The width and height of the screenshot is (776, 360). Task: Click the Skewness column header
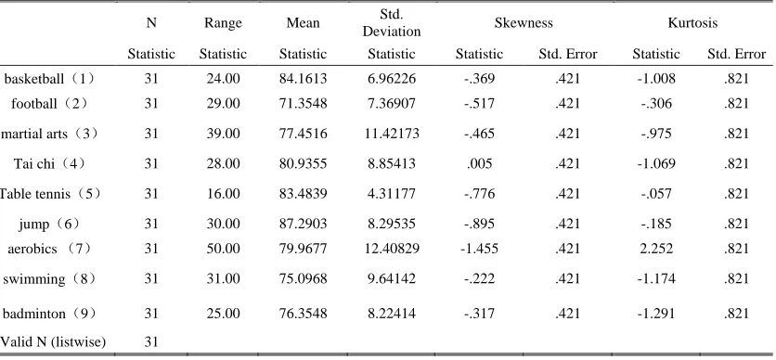pyautogui.click(x=524, y=23)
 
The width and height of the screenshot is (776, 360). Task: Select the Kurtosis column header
pyautogui.click(x=692, y=23)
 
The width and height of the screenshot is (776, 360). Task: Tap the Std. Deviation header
pyautogui.click(x=392, y=23)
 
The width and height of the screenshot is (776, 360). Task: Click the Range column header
pyautogui.click(x=223, y=23)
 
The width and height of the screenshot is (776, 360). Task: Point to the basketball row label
pyautogui.click(x=48, y=79)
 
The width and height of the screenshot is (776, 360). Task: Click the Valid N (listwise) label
pyautogui.click(x=53, y=341)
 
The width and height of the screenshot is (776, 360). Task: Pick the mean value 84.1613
pyautogui.click(x=303, y=79)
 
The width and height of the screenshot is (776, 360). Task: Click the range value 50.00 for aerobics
pyautogui.click(x=223, y=249)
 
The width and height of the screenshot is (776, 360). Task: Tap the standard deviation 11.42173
pyautogui.click(x=392, y=134)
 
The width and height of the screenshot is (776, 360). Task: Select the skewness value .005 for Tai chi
pyautogui.click(x=479, y=163)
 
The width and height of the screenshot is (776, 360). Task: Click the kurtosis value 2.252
pyautogui.click(x=655, y=249)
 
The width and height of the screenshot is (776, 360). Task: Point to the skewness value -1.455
pyautogui.click(x=479, y=249)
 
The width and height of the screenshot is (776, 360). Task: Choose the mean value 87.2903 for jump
pyautogui.click(x=303, y=224)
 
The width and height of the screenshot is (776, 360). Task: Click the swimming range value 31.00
pyautogui.click(x=223, y=279)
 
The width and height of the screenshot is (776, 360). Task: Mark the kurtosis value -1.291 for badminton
pyautogui.click(x=655, y=314)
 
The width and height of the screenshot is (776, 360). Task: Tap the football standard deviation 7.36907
pyautogui.click(x=392, y=103)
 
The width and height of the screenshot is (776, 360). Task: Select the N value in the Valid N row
pyautogui.click(x=151, y=341)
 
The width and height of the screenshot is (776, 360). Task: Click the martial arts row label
pyautogui.click(x=49, y=134)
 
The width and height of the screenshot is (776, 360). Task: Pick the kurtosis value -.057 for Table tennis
pyautogui.click(x=655, y=194)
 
